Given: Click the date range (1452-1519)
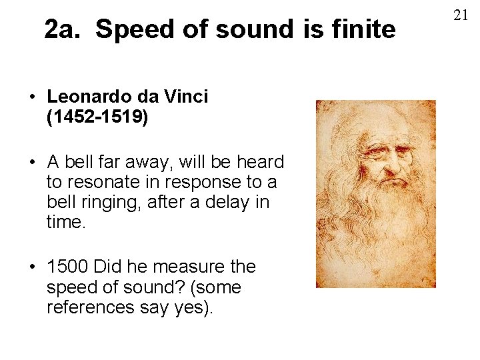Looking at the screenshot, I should tap(97, 118).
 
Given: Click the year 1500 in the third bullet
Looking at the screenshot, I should tap(68, 267).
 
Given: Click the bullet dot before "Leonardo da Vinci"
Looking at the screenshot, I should tap(32, 97).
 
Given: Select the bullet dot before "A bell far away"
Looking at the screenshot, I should tap(32, 163).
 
